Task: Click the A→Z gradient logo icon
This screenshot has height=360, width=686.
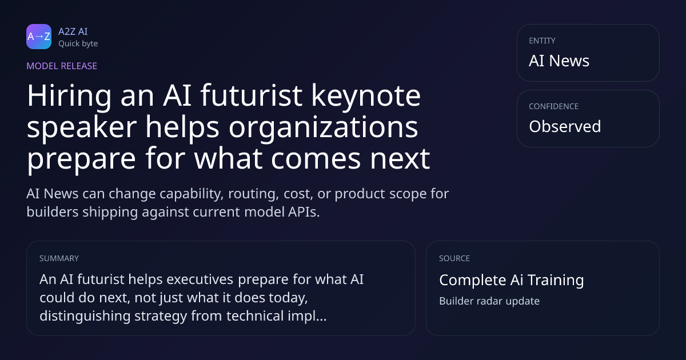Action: tap(39, 37)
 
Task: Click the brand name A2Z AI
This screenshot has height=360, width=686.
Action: tap(73, 31)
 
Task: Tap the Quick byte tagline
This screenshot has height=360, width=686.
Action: tap(78, 44)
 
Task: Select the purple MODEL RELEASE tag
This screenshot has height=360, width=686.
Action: tap(62, 66)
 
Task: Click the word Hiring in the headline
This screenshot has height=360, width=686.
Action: tap(69, 96)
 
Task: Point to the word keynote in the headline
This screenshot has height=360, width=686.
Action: tap(366, 96)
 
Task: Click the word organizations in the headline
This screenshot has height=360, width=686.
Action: tap(324, 127)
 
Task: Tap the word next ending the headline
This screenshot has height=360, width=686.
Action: tap(400, 159)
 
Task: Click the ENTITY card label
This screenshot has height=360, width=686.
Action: tap(542, 41)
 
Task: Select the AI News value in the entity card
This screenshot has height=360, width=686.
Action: tap(559, 61)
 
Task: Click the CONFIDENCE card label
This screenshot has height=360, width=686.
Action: tap(554, 106)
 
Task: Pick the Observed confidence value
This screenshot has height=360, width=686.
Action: tap(565, 126)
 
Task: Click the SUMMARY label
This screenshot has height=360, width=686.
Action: tap(59, 258)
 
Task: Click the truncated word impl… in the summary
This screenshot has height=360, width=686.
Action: tap(307, 316)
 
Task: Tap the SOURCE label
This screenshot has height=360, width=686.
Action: tap(454, 258)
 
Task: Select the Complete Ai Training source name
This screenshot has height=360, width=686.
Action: tap(512, 280)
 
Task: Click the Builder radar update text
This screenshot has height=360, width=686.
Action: tap(489, 301)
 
